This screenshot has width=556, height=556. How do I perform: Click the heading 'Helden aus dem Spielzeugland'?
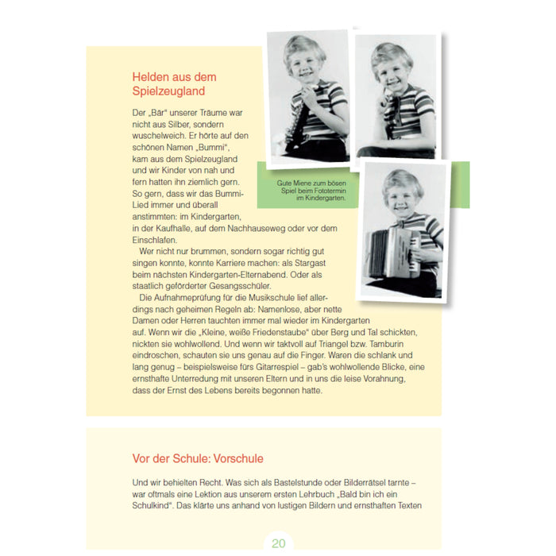(x=174, y=83)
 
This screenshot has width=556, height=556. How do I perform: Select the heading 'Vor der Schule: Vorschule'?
(x=198, y=458)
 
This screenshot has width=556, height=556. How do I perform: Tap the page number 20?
(x=278, y=543)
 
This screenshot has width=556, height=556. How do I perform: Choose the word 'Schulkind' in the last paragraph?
(x=156, y=505)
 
